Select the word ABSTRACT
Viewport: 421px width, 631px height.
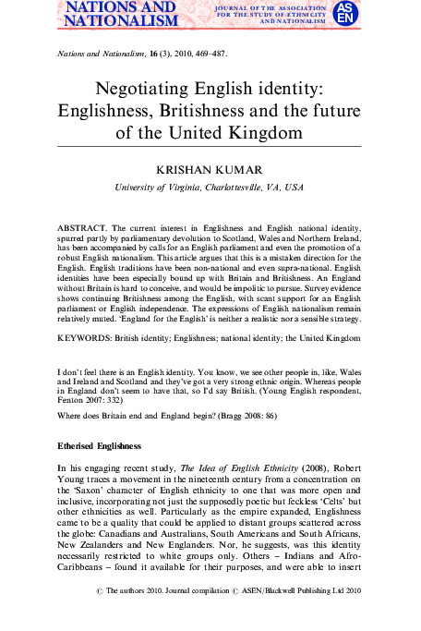click(81, 226)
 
